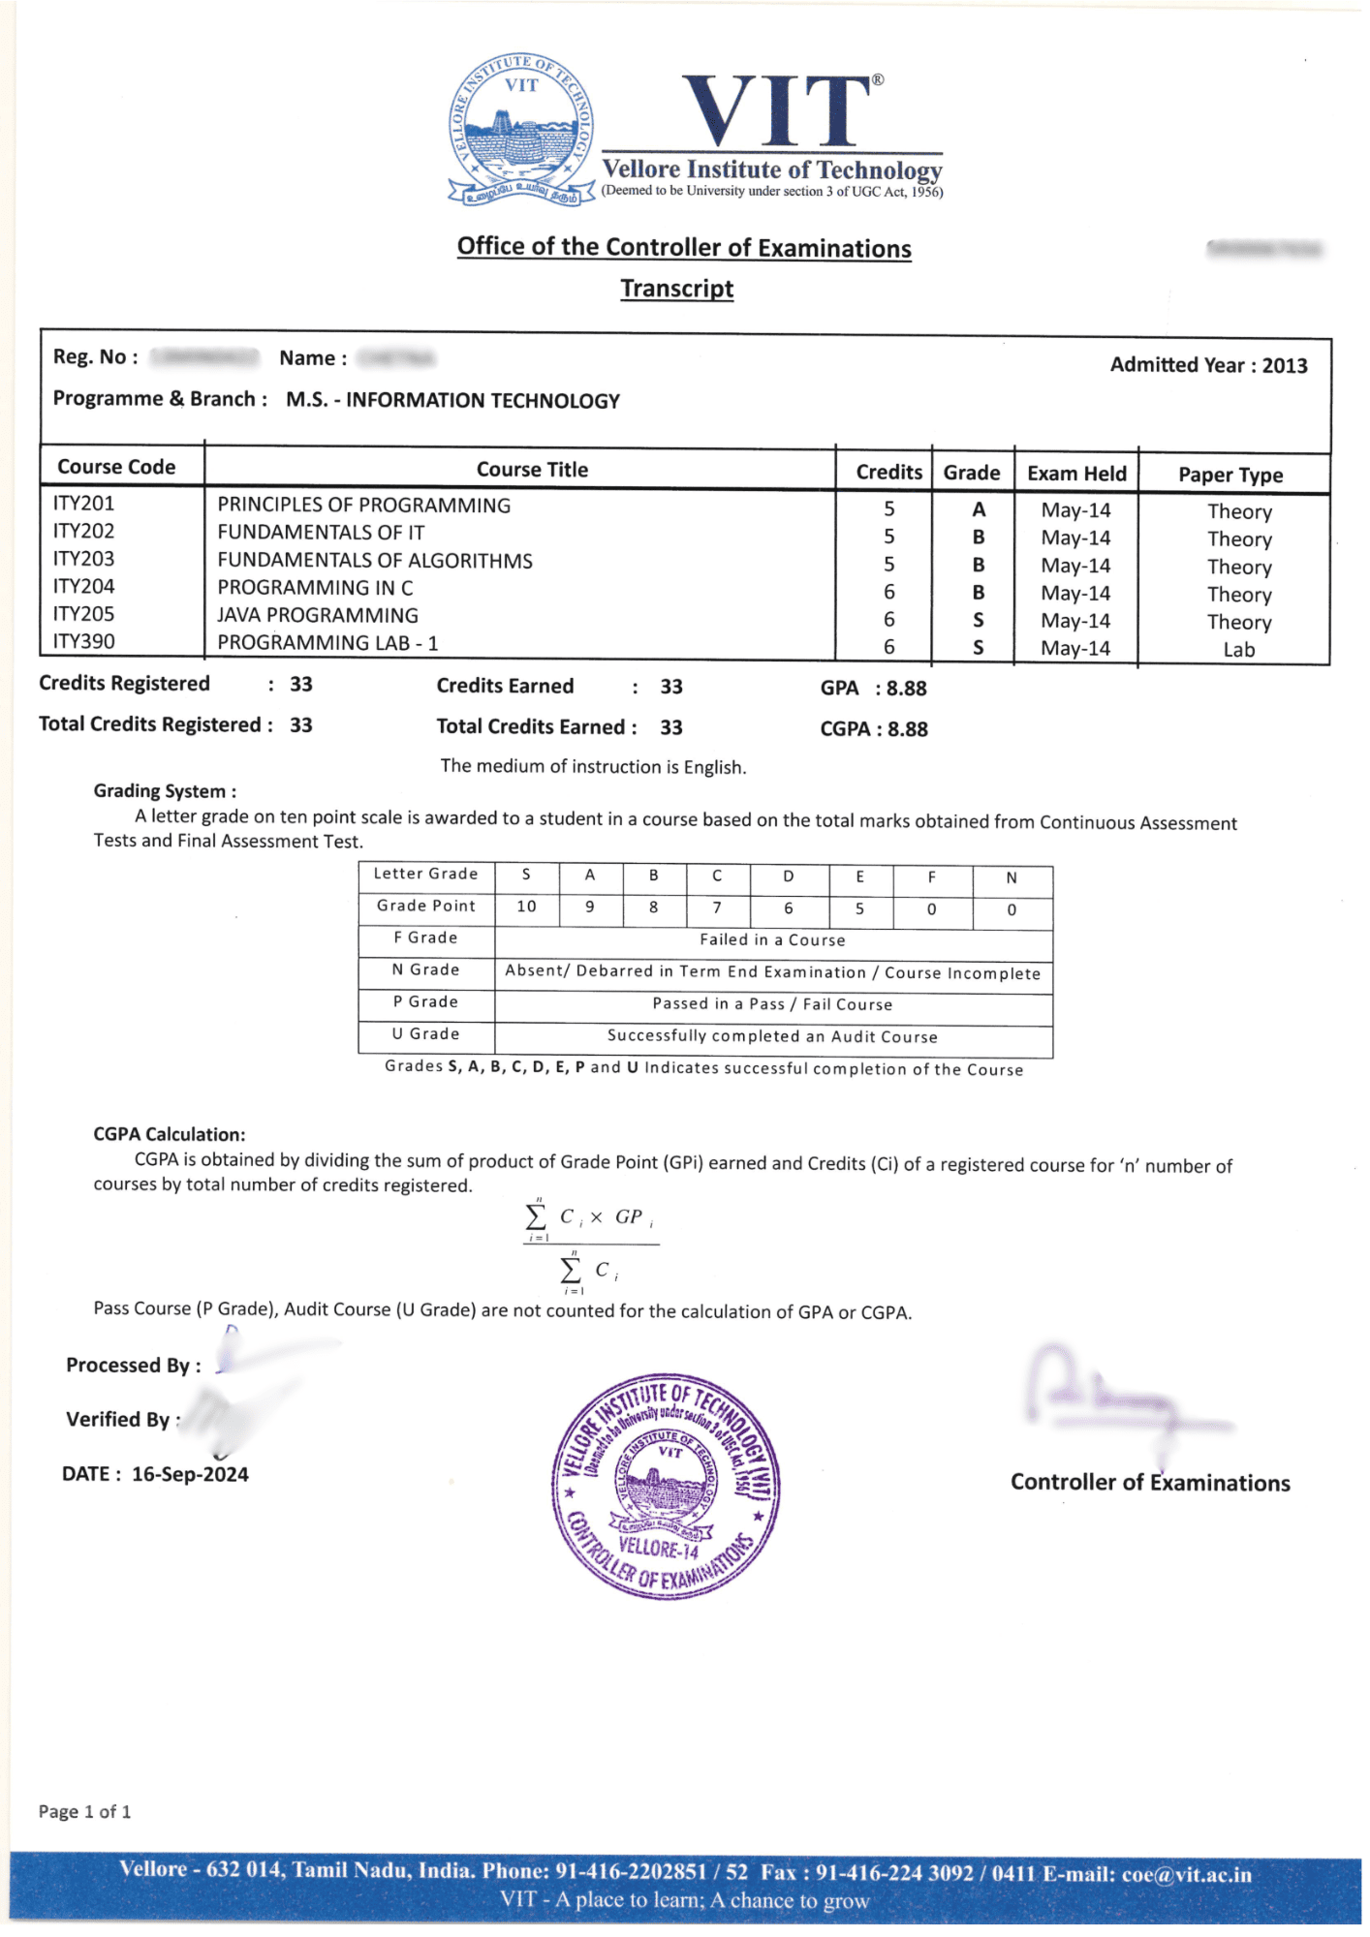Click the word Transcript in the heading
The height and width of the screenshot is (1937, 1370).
676,289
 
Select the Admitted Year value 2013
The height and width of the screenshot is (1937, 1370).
1285,366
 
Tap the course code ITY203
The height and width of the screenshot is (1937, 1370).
83,559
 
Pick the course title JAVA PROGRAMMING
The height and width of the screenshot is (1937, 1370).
318,615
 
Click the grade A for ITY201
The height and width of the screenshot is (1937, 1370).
979,509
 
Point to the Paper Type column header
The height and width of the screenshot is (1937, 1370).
1230,475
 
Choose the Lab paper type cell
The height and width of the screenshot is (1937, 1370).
1238,650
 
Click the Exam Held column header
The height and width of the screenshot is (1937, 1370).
1076,474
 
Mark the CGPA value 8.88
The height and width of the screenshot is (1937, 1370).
907,729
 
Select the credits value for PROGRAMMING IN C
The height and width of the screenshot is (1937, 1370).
888,592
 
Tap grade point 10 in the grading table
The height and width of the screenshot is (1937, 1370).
526,907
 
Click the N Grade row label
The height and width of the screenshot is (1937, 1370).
425,970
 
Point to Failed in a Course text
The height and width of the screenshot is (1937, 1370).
772,939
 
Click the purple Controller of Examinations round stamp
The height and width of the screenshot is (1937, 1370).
665,1486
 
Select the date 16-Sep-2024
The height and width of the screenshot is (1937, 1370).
190,1474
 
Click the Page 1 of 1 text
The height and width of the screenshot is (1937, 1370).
85,1811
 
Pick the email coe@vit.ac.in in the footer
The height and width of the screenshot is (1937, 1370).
1186,1874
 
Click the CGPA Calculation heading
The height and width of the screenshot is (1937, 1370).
170,1134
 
